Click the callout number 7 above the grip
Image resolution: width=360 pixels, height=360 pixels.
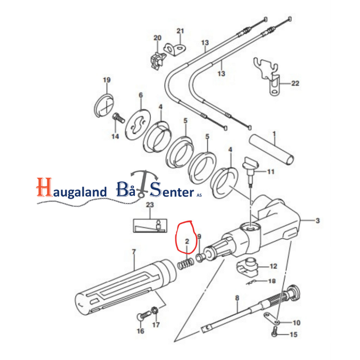click(x=133, y=252)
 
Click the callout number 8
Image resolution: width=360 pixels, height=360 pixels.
click(x=237, y=298)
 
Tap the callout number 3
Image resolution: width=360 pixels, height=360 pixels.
click(x=317, y=221)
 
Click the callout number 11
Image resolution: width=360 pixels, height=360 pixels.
click(x=271, y=172)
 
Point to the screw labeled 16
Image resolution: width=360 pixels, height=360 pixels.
click(x=141, y=317)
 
